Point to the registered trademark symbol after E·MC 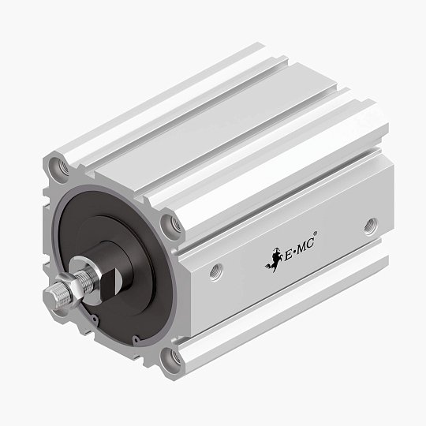pyautogui.click(x=316, y=234)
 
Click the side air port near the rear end pyautogui.click(x=370, y=229)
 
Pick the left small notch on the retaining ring pyautogui.click(x=94, y=319)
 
